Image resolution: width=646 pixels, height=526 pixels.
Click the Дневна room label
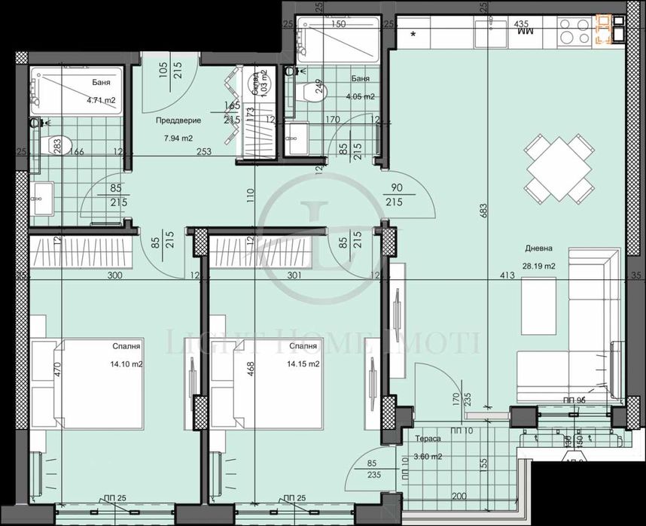540,249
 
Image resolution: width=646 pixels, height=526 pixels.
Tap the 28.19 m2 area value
539,266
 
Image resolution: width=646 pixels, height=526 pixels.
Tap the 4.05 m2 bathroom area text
359,96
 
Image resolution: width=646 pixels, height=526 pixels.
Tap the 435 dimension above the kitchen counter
520,23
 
